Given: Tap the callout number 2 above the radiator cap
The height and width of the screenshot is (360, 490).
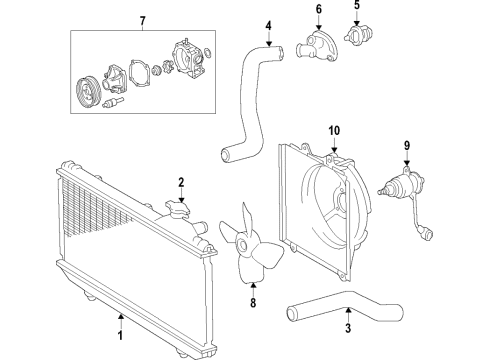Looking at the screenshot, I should coord(181,182).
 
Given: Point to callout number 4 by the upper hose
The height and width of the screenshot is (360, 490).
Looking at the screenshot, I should coord(268,27).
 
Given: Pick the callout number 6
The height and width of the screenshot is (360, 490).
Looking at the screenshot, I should coord(320,12).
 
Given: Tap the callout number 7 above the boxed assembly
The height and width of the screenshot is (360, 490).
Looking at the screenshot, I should coord(142,22).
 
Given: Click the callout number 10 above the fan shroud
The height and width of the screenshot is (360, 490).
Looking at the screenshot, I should coord(335,130).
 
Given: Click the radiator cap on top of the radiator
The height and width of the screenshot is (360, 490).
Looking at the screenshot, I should coord(181,211).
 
